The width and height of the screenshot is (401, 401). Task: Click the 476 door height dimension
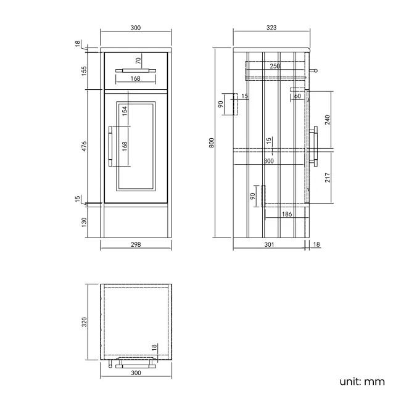pos(85,146)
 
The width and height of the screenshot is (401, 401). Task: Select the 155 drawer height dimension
pos(85,70)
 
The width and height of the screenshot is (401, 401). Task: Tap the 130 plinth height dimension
pos(85,221)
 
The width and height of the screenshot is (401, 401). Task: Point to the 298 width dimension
pos(136,245)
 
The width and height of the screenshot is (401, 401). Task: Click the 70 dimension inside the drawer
pos(138,60)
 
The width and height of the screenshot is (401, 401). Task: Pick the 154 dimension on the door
pos(124,110)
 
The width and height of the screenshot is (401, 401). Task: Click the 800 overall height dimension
pos(212,142)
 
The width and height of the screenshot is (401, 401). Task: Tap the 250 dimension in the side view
pos(275,66)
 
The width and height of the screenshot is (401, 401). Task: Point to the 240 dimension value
pos(327,120)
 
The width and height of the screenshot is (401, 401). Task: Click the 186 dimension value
pos(286,214)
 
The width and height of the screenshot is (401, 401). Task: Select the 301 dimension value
pos(269,245)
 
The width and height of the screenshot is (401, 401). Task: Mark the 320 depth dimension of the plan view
pos(85,322)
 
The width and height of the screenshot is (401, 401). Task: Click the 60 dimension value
pos(297,96)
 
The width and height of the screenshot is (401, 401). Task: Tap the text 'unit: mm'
pos(362,381)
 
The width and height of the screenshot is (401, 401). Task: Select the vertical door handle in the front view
pos(110,146)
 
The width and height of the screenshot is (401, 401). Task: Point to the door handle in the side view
pos(316,146)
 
